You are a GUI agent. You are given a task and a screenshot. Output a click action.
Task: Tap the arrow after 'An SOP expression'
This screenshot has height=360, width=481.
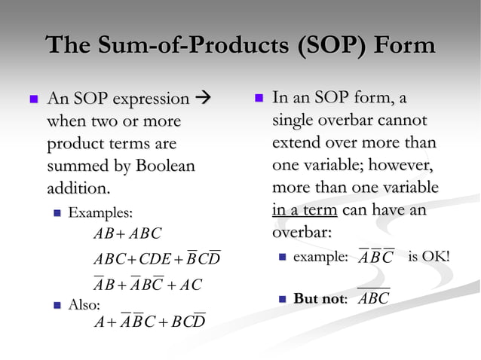[x=204, y=99]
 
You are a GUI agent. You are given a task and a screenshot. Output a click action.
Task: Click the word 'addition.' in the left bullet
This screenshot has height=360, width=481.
[x=78, y=186]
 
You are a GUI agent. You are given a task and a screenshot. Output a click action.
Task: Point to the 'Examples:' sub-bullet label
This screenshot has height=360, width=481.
[x=100, y=213]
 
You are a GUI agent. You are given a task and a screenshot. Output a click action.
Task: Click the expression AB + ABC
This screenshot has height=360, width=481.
[x=127, y=234]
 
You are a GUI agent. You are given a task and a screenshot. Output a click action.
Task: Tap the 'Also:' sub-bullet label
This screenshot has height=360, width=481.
[x=84, y=304]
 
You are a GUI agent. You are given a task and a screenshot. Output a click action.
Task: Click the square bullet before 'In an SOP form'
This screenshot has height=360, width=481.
[x=258, y=98]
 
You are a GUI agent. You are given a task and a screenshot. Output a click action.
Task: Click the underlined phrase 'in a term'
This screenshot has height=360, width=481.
[x=305, y=210]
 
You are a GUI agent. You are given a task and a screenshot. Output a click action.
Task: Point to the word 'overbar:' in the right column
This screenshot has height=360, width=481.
[x=302, y=232]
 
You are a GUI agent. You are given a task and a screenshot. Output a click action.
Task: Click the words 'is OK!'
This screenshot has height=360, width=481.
[x=428, y=257]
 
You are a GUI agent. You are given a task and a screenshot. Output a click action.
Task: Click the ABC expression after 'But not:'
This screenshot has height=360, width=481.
[x=373, y=298]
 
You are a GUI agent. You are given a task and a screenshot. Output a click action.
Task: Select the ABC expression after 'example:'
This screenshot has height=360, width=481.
[x=375, y=258]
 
